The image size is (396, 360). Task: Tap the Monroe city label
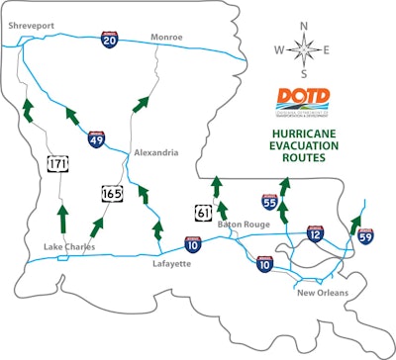(166, 37)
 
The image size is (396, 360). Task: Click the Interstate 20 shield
(110, 39)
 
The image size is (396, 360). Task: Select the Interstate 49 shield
(96, 140)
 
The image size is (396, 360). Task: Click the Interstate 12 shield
(316, 232)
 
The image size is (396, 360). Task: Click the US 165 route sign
(111, 193)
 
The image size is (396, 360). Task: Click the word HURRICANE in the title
(308, 131)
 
